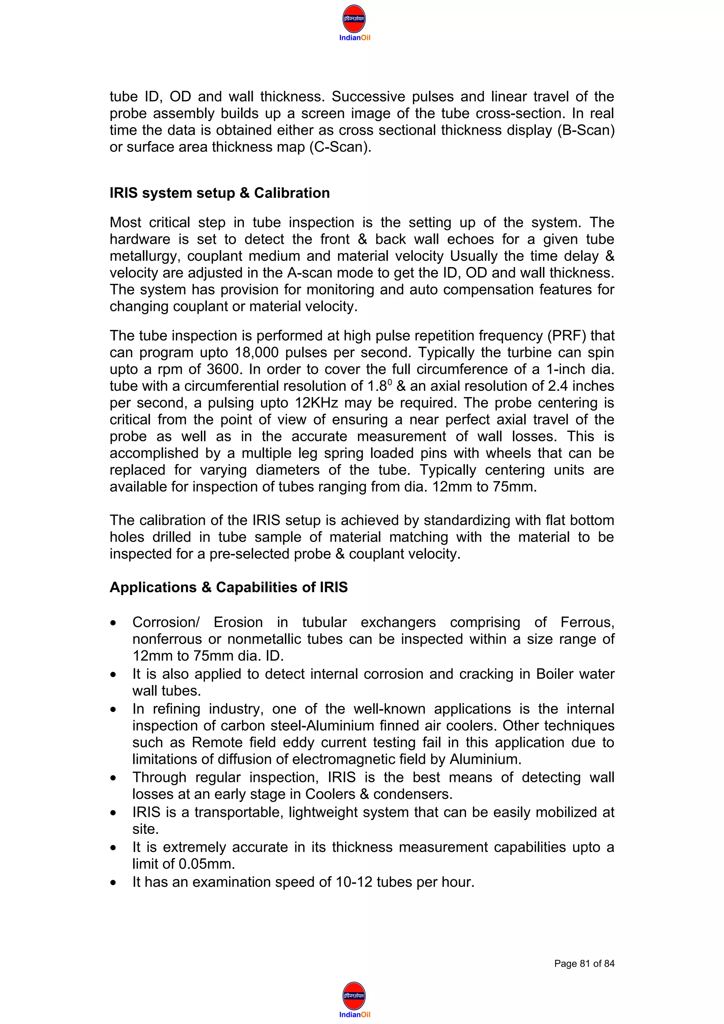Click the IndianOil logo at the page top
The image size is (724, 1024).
tap(354, 22)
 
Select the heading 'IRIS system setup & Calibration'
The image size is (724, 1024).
tap(220, 193)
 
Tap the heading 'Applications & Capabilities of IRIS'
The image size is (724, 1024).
tap(228, 587)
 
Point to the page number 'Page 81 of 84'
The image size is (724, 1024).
tap(584, 964)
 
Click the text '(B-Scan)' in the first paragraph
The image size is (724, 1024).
tap(586, 130)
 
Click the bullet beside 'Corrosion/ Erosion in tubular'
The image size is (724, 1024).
tap(114, 623)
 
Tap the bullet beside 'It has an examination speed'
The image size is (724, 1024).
tap(114, 883)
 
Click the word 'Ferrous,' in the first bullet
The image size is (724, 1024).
tap(587, 623)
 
